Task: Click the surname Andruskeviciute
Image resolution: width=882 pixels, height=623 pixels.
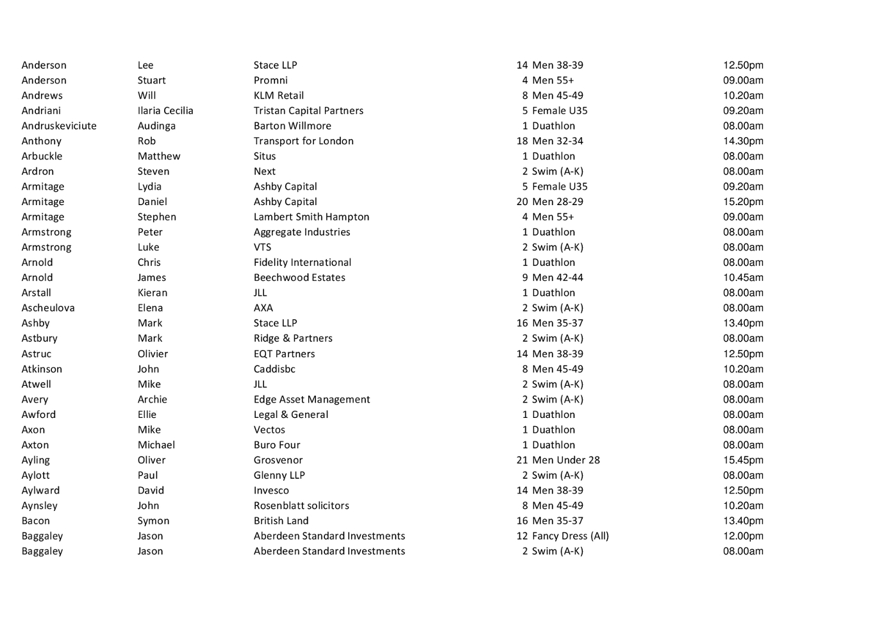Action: [x=59, y=126]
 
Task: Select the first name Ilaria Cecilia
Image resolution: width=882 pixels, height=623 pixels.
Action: [x=165, y=110]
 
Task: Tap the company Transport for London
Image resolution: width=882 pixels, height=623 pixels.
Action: [x=303, y=141]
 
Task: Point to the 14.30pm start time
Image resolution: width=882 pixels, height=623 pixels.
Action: [x=743, y=141]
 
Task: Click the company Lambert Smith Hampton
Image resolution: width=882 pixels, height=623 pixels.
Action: [x=311, y=217]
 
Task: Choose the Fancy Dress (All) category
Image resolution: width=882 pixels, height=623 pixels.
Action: [x=570, y=536]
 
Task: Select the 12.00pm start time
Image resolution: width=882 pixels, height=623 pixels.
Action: [x=743, y=536]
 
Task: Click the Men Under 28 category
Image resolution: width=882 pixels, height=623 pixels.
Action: [x=565, y=460]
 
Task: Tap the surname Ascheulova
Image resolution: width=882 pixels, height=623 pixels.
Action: [x=48, y=308]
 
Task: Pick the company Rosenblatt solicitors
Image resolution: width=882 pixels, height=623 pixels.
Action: [x=301, y=506]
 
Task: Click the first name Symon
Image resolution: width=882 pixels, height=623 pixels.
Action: [x=153, y=521]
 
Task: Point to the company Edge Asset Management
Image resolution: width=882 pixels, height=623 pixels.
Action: [x=312, y=399]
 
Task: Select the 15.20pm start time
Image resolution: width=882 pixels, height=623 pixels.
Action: [x=743, y=201]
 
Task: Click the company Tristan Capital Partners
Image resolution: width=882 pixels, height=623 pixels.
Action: [x=308, y=110]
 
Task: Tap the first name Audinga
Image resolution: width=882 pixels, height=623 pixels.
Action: [x=156, y=126]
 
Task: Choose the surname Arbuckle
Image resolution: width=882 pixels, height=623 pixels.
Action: [x=42, y=156]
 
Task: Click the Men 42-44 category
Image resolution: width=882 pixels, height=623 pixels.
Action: [x=557, y=278]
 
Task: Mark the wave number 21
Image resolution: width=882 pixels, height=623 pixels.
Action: [x=522, y=460]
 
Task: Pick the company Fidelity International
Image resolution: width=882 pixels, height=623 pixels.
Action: [x=302, y=262]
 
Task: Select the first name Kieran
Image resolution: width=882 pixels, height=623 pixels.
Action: [x=152, y=293]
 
